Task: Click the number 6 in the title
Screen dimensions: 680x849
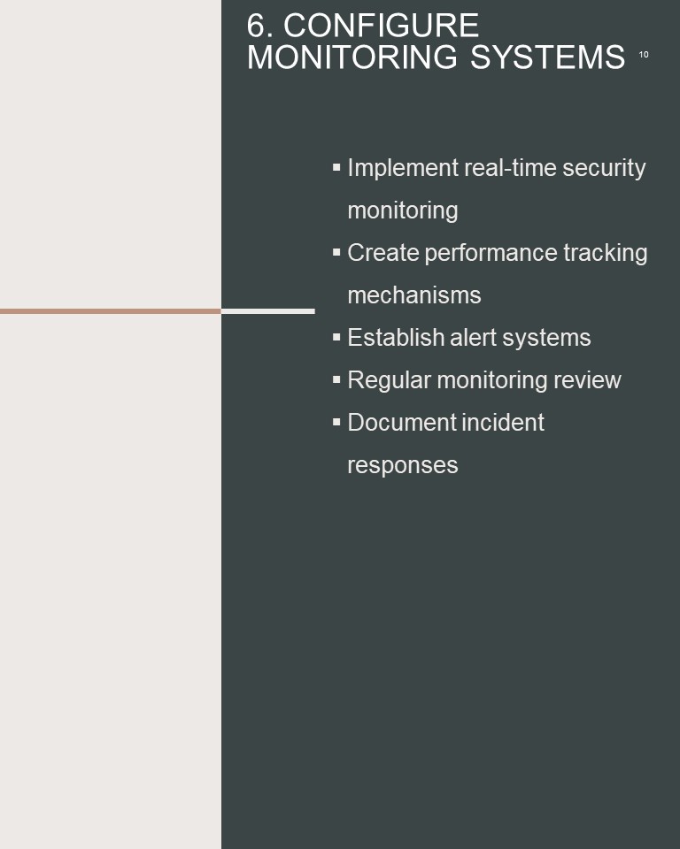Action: pos(258,26)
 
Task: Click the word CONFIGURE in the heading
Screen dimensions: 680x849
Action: pos(382,26)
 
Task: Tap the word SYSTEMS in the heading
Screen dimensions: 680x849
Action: pos(548,57)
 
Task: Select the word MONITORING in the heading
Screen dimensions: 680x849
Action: pos(352,57)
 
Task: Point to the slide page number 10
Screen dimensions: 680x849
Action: pos(644,55)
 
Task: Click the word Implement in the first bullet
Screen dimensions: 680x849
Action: pos(403,168)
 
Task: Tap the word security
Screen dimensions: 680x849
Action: pos(604,168)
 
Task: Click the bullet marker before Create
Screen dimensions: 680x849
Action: pos(336,252)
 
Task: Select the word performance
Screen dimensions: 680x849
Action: pos(491,254)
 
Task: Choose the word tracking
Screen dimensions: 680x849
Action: pos(606,254)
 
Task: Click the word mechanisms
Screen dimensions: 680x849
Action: pos(414,295)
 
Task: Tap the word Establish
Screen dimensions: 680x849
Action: pos(396,337)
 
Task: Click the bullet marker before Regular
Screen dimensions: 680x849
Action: pos(336,379)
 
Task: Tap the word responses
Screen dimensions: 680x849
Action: pos(403,466)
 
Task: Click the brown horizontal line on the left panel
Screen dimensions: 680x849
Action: pos(111,311)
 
